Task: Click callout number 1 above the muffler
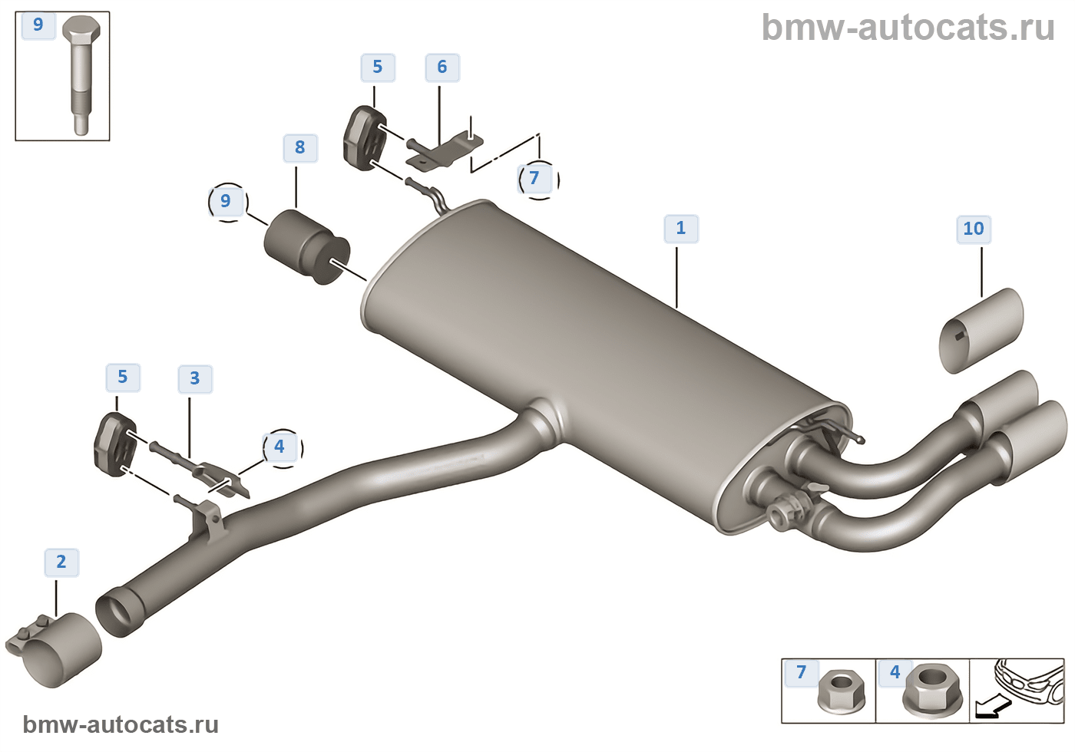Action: [680, 229]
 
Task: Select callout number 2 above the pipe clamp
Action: [61, 562]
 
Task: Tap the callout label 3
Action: [195, 378]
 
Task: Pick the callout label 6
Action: [442, 68]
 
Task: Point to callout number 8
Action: [299, 147]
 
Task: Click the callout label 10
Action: [973, 229]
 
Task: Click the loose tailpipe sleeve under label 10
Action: [982, 331]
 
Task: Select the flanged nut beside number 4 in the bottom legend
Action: [932, 689]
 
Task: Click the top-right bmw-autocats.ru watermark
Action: [908, 28]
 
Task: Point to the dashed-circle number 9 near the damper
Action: [226, 201]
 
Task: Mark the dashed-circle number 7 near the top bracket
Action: [535, 179]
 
